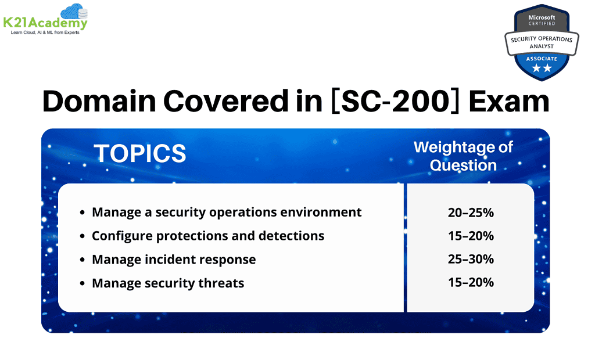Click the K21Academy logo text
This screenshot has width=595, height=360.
45,23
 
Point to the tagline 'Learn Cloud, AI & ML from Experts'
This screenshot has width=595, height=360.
45,33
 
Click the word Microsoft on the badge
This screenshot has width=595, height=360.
541,18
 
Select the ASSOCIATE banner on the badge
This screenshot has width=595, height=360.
541,59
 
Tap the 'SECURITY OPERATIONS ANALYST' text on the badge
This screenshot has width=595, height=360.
541,42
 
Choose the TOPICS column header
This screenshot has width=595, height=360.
140,153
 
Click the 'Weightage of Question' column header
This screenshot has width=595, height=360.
463,156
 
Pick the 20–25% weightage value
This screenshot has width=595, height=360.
471,213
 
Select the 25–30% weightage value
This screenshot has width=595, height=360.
471,260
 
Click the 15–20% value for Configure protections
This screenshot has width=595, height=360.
471,236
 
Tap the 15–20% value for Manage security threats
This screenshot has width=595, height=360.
471,283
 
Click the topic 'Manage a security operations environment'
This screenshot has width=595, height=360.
227,213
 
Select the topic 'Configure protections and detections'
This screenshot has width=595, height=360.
208,236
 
